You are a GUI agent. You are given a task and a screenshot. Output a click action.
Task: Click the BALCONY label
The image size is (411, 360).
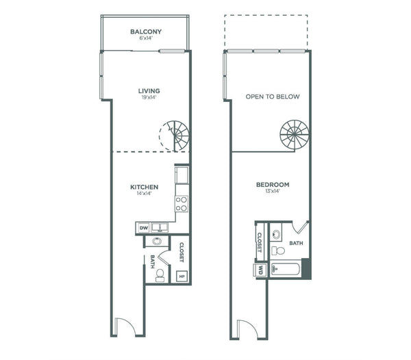[x=146, y=31]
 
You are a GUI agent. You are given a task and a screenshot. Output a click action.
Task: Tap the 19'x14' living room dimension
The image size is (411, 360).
[x=149, y=97]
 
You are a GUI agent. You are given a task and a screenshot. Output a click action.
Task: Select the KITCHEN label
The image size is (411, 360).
[x=144, y=187]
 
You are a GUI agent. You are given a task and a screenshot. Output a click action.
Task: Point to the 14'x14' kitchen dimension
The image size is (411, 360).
[x=144, y=194]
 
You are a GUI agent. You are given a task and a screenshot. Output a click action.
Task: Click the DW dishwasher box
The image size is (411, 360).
[x=143, y=228]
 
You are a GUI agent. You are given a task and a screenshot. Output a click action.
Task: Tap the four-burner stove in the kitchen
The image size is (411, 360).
[x=182, y=204]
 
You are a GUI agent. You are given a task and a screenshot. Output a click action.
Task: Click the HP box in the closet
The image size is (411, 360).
[x=182, y=277]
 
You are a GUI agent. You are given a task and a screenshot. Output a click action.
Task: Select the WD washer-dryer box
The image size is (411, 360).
[x=260, y=270]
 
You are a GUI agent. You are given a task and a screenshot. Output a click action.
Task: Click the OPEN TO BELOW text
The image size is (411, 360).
[x=273, y=97]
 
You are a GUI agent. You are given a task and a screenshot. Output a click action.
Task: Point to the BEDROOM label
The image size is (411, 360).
[x=273, y=185]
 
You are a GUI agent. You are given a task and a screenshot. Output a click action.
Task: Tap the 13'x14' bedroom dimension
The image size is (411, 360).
[x=273, y=191]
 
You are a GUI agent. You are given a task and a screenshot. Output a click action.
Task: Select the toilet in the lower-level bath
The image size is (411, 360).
[x=160, y=275]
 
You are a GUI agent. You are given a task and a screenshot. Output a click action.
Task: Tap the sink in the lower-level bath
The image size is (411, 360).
[x=157, y=241]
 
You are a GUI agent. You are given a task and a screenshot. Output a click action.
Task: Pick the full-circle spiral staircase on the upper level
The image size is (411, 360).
[x=295, y=135]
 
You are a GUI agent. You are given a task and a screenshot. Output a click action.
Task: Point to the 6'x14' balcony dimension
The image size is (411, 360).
[x=146, y=38]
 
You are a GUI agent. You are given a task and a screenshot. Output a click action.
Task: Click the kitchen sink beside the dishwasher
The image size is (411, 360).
[x=159, y=227]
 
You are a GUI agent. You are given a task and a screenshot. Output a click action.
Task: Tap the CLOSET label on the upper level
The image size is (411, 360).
[x=260, y=242]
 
